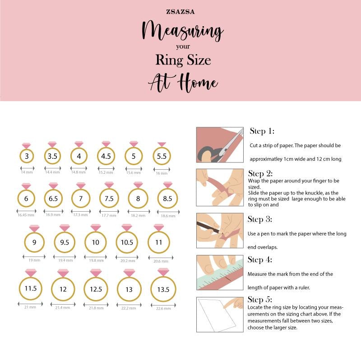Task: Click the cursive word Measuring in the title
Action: tap(182, 31)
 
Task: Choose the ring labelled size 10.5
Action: tap(127, 242)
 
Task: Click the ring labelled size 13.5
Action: tap(163, 290)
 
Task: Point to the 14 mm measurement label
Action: tap(27, 172)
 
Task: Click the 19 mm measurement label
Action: tap(34, 260)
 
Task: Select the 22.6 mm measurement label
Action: tap(163, 308)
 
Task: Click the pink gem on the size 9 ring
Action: tap(34, 228)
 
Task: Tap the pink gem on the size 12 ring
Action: tap(63, 273)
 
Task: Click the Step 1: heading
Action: tap(262, 131)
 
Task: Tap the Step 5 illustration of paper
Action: tap(220, 315)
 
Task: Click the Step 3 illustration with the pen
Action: tap(220, 230)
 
